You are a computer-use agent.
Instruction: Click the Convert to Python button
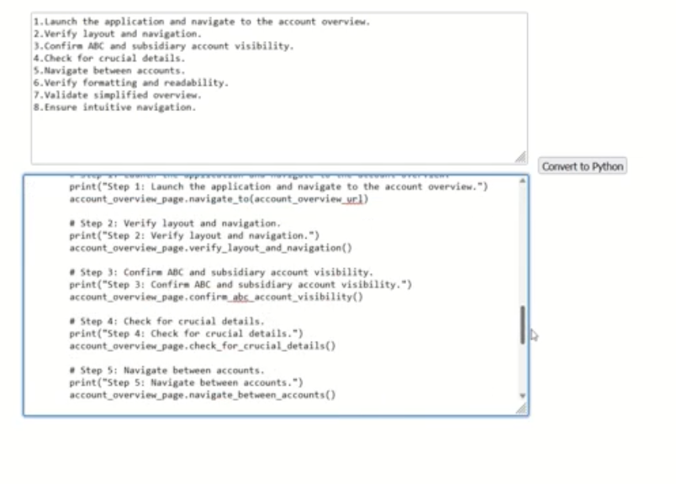[x=583, y=166]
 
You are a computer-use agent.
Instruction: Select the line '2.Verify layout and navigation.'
[x=118, y=34]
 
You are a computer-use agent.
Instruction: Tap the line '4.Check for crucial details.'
[x=109, y=59]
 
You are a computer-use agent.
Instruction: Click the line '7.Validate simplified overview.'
[x=118, y=95]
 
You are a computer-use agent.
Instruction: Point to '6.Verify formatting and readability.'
[x=131, y=83]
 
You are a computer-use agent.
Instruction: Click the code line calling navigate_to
[x=219, y=199]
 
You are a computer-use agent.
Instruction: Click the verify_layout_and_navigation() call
[x=210, y=248]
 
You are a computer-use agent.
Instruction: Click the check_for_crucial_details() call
[x=202, y=345]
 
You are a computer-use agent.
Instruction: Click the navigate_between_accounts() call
[x=202, y=394]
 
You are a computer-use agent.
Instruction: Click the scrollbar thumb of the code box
[x=522, y=324]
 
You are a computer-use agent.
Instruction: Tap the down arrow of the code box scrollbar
[x=522, y=395]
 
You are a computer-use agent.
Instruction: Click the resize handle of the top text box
[x=520, y=157]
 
